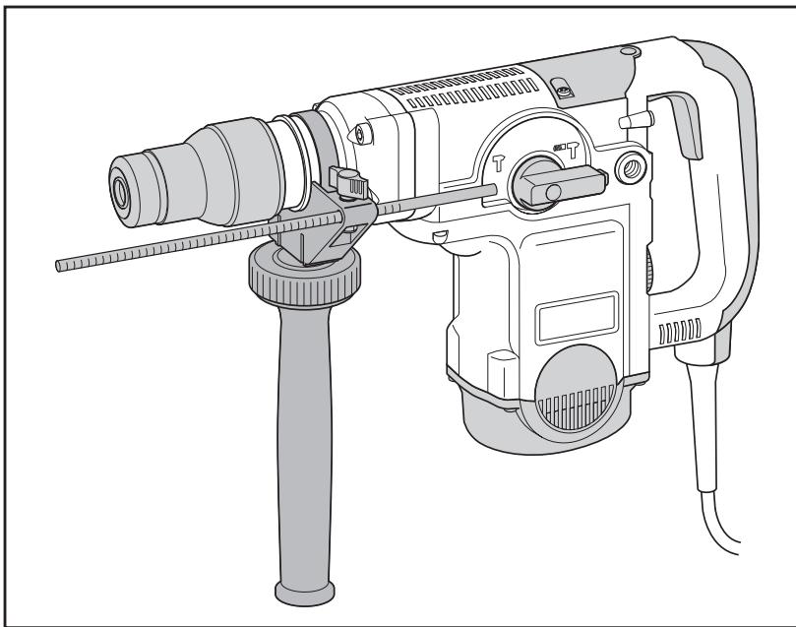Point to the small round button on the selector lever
click(553, 187)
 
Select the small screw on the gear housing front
click(359, 132)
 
